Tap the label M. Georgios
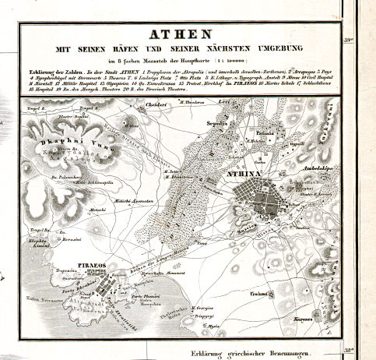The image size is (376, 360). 203,309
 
